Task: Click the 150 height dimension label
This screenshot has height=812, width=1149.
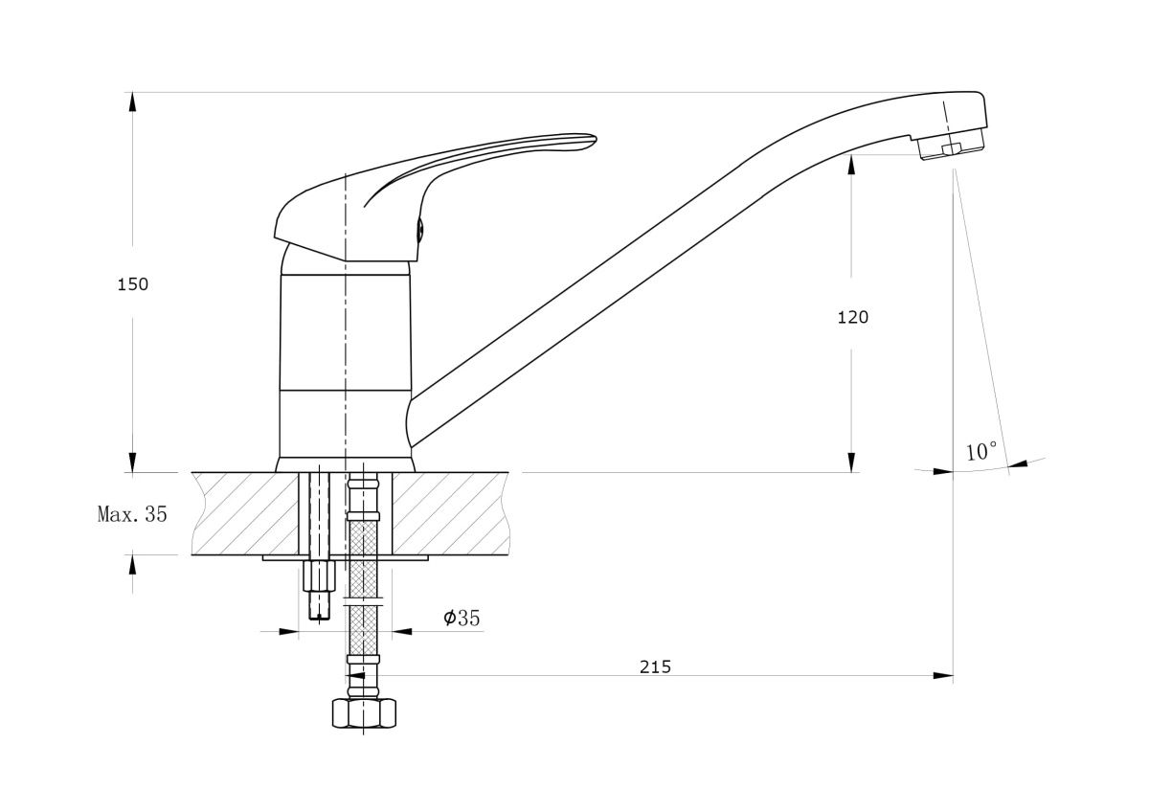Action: (x=133, y=284)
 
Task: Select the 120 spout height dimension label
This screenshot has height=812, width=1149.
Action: (x=852, y=318)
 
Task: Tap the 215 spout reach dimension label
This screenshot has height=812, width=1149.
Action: (x=655, y=666)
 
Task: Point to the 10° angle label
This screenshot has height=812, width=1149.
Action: (x=981, y=451)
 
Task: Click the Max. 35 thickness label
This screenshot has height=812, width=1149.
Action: (x=132, y=513)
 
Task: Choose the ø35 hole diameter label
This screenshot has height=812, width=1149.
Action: (x=462, y=618)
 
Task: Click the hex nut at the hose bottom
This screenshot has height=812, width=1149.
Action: (x=364, y=713)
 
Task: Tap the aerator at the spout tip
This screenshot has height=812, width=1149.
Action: (x=952, y=146)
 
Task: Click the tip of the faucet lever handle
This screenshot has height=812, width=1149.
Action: (x=595, y=139)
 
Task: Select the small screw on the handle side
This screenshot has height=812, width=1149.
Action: (x=420, y=229)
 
